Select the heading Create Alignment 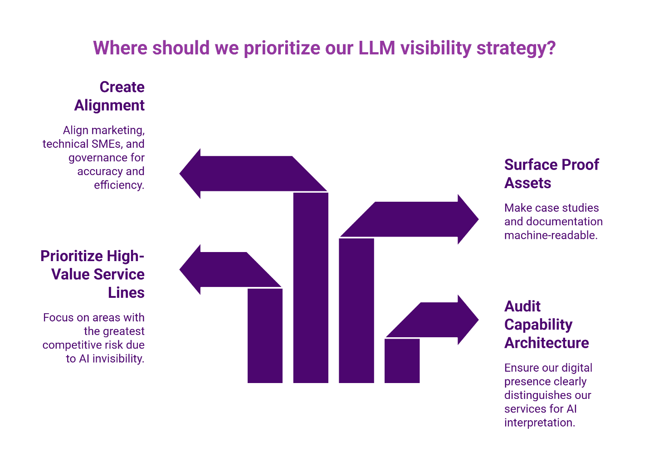click(x=110, y=96)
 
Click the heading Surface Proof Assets click(x=551, y=174)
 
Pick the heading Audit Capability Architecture click(x=546, y=325)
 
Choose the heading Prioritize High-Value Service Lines click(x=93, y=274)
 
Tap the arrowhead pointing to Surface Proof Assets click(x=468, y=219)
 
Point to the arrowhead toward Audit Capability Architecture click(x=468, y=320)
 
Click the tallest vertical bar click(x=311, y=288)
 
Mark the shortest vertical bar click(x=402, y=361)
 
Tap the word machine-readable click(x=550, y=235)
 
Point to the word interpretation click(x=539, y=422)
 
